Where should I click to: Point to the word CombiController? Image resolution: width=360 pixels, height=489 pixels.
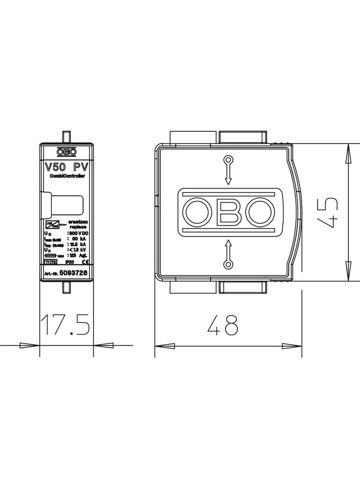tap(67, 176)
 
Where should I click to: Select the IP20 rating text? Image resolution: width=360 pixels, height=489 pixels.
tap(69, 262)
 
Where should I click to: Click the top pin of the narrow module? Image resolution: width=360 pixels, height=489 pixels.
tap(67, 137)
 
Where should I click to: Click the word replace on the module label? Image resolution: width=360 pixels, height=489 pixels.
tap(78, 227)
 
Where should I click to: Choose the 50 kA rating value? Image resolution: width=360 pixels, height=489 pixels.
tap(79, 239)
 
